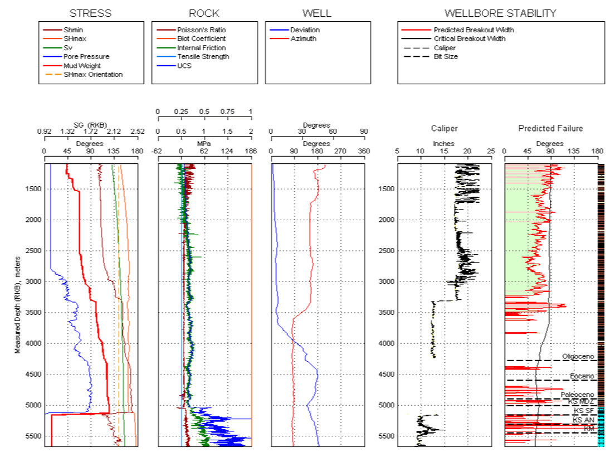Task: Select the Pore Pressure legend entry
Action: (x=86, y=56)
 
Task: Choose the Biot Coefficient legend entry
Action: (x=201, y=38)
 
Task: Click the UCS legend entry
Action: (x=184, y=65)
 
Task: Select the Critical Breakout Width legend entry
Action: (x=469, y=38)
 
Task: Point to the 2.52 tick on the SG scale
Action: (x=137, y=132)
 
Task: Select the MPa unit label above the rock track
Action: (x=204, y=143)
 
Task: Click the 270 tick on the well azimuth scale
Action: (x=340, y=151)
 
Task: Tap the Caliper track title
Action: (x=444, y=128)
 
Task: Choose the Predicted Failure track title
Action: (x=550, y=128)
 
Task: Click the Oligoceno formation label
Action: (x=579, y=356)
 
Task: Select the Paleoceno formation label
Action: (x=578, y=395)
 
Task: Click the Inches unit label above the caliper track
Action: (x=444, y=143)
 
